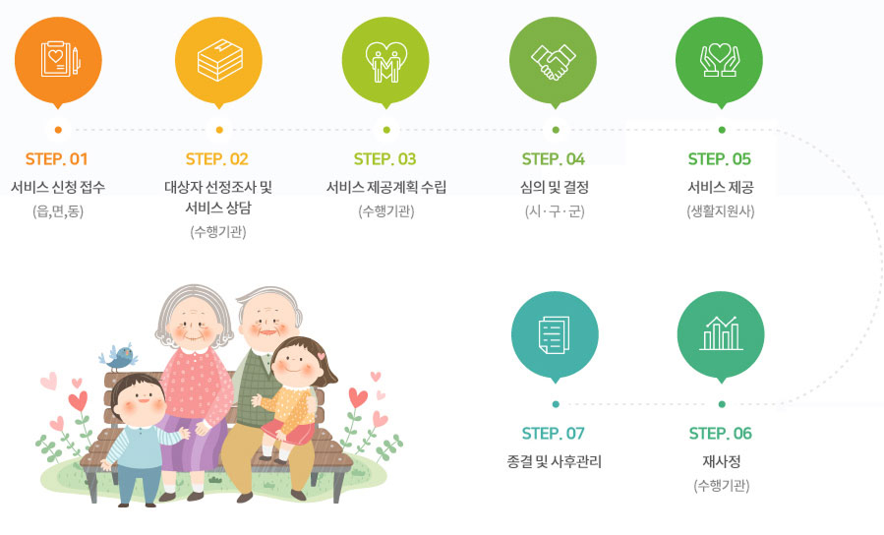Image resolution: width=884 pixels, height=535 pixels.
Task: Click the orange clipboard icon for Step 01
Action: (58, 60)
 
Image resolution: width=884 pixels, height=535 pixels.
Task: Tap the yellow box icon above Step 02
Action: (218, 60)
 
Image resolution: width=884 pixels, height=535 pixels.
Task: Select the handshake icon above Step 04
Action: (554, 60)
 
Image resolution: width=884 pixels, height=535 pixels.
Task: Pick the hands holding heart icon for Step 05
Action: (721, 60)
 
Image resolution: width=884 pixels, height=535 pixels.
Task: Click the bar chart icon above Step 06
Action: (721, 334)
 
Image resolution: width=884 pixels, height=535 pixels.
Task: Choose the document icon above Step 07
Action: (555, 334)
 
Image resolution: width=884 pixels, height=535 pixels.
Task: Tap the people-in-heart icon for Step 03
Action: (385, 60)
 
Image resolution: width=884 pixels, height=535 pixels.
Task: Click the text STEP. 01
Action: (57, 158)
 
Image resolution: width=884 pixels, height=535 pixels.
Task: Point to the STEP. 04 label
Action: (554, 158)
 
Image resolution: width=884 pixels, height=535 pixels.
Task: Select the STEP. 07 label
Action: (554, 433)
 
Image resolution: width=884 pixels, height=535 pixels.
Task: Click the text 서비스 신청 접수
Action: (57, 187)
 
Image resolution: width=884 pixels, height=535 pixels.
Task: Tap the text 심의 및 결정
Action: (554, 187)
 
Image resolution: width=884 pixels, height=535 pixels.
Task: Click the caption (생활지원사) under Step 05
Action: (721, 211)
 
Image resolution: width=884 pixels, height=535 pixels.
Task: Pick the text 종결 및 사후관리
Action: (554, 460)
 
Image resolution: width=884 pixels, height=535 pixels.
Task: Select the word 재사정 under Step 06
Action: (721, 460)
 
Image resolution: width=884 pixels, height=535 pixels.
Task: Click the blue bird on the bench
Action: (121, 355)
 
